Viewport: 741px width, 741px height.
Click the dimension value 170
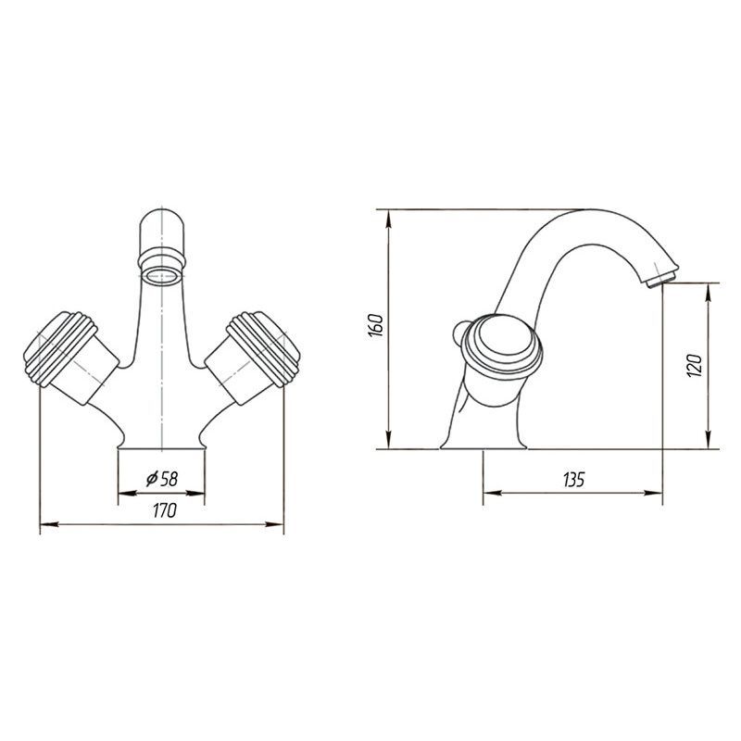[x=165, y=510]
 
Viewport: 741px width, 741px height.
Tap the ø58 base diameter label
[x=162, y=479]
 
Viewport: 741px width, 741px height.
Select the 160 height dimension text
[x=376, y=325]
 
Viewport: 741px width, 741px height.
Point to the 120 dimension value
[x=695, y=365]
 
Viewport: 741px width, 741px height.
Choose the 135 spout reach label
[x=573, y=480]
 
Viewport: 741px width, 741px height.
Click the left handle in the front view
[x=71, y=357]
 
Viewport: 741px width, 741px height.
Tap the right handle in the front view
[x=253, y=357]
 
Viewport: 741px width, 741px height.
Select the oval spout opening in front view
[x=161, y=276]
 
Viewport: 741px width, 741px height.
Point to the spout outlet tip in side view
[x=660, y=280]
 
